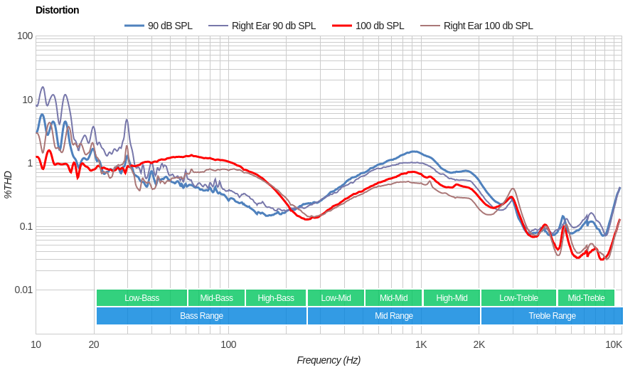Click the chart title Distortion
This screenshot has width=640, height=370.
57,10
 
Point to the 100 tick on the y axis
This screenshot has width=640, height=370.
25,36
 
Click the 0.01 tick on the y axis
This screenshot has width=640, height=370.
23,290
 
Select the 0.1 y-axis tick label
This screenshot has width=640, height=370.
26,226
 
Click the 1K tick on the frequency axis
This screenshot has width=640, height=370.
421,344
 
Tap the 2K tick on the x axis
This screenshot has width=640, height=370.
479,344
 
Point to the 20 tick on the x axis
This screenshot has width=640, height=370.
94,344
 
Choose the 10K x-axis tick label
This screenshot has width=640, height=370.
614,344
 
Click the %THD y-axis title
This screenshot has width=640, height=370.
9,184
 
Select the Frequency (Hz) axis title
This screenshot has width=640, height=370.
329,360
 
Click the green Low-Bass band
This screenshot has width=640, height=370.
142,298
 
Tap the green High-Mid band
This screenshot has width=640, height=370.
452,298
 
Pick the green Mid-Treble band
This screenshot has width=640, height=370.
586,298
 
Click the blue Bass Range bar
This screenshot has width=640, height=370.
201,316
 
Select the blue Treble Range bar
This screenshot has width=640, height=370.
552,316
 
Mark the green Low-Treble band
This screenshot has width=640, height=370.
518,298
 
